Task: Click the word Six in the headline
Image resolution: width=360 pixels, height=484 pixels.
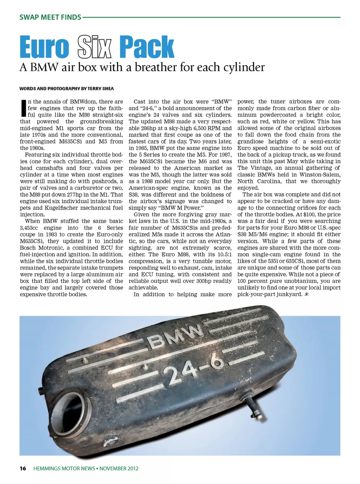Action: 94,47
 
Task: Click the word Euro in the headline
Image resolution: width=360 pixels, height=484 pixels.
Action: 44,47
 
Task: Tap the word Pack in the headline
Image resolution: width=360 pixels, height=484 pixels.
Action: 147,47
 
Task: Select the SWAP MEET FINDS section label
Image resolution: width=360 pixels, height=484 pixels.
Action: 50,17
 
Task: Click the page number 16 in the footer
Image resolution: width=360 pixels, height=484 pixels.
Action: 23,468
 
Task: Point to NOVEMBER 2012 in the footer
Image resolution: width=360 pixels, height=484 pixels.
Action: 119,468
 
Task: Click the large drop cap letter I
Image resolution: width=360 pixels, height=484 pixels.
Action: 23,108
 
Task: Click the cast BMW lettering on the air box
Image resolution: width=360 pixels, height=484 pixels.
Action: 175,336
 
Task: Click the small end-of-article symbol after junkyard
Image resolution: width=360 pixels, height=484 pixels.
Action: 306,294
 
